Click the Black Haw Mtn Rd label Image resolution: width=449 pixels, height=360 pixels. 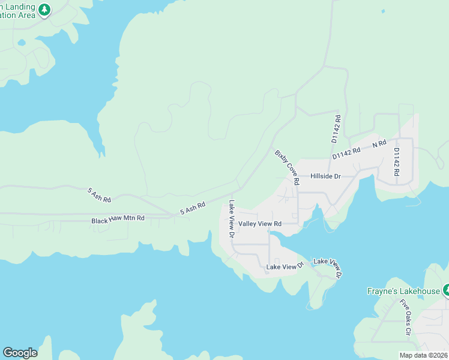pos(118,220)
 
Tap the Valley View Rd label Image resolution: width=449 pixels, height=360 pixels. pos(260,224)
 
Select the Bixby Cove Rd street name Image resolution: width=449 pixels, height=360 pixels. pos(287,167)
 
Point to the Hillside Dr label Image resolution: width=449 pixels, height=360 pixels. pos(325,176)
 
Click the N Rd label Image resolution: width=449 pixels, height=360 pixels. pos(379,144)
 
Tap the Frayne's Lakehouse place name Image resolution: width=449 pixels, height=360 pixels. pos(404,292)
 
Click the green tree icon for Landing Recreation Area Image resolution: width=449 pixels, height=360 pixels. pos(44,10)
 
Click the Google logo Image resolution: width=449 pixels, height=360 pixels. pos(20,353)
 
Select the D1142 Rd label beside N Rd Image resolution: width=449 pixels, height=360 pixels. pos(346,153)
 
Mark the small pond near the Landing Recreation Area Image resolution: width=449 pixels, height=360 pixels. pos(22,43)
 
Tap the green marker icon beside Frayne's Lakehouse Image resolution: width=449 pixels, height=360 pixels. pos(446,290)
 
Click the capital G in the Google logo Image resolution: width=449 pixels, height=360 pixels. pos(8,353)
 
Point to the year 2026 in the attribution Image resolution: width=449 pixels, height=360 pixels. pos(439,355)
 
